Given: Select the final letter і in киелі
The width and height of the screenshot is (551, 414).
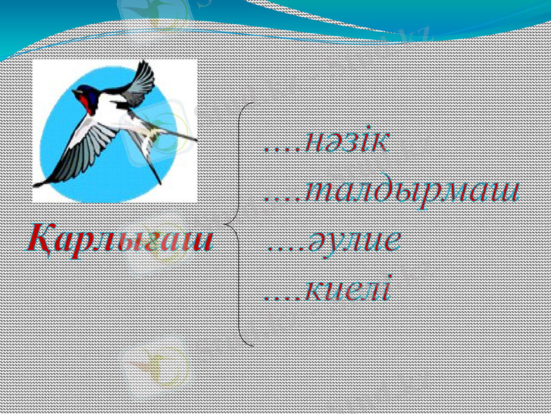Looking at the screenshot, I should tap(387, 288).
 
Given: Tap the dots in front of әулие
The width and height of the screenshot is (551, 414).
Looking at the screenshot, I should tap(283, 248).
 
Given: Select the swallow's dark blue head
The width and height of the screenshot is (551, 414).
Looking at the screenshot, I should tap(83, 91).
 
